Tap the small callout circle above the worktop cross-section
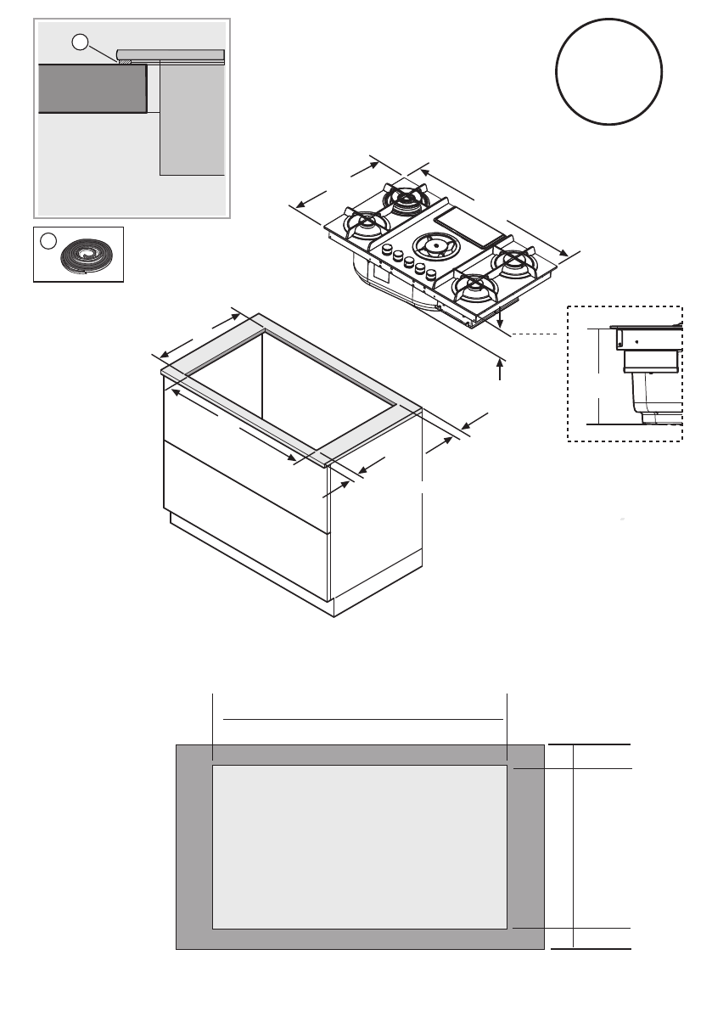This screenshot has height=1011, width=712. (x=79, y=42)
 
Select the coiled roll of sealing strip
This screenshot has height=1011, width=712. (x=85, y=254)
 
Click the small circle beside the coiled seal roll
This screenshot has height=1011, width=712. (x=45, y=240)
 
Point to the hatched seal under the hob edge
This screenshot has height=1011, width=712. (x=124, y=61)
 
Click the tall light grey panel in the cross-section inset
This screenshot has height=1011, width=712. (x=193, y=119)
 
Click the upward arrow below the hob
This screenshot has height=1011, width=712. (x=501, y=370)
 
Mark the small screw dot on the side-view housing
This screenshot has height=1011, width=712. (x=636, y=343)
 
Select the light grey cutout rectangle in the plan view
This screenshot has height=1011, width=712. (x=359, y=846)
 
